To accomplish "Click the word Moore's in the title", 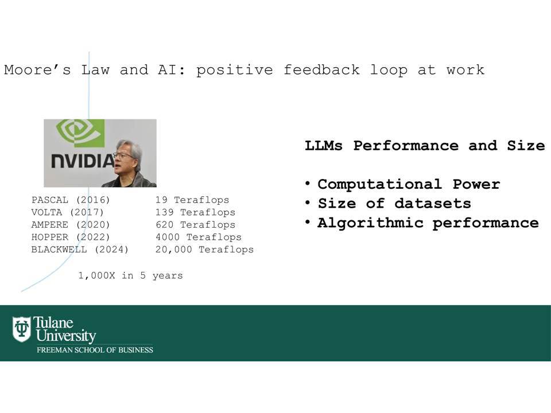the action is click(x=37, y=69).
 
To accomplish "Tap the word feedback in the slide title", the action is click(x=321, y=69).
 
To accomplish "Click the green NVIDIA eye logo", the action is click(x=80, y=133).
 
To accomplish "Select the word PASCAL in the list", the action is click(x=49, y=200).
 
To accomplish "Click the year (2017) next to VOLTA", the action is click(x=87, y=212).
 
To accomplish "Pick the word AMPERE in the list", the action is click(x=49, y=224).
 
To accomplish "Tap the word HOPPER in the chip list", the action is click(x=49, y=237).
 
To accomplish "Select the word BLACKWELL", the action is click(x=59, y=250).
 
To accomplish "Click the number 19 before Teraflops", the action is click(x=161, y=200).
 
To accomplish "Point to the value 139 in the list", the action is click(x=165, y=212).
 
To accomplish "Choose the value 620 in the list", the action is click(x=165, y=224).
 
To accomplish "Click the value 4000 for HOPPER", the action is click(x=168, y=237).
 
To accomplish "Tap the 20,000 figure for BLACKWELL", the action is click(x=173, y=250).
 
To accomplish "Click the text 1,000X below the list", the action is click(x=96, y=276).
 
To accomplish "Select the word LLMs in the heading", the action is click(x=323, y=145).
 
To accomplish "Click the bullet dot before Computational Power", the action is click(x=308, y=184).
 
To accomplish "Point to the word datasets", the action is click(x=433, y=203).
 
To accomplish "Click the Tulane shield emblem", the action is click(x=21, y=329).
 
